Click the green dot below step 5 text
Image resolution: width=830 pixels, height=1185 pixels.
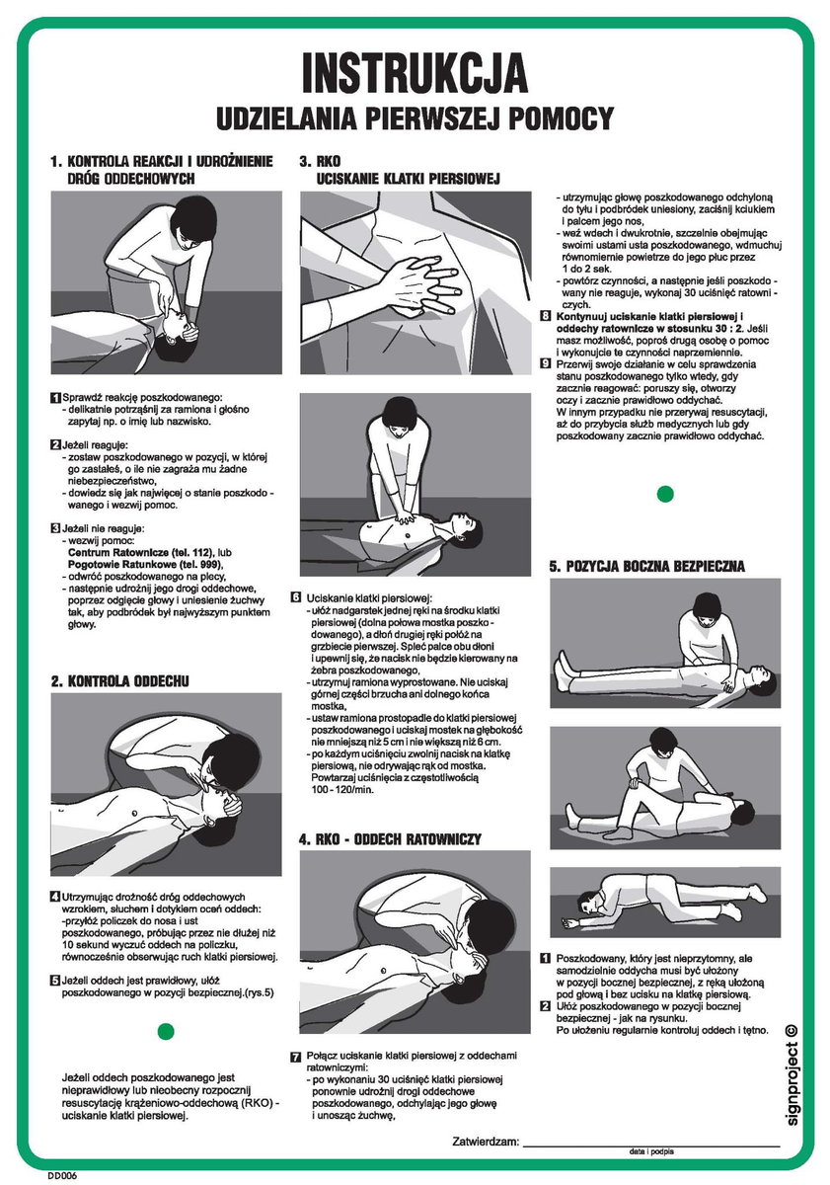point(166,1031)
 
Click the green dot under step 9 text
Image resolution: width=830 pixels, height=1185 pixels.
point(665,493)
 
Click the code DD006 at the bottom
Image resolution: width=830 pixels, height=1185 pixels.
point(61,1175)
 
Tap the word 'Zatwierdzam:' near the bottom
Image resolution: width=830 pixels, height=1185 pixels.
point(486,1142)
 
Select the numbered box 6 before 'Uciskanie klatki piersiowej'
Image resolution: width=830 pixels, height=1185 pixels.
point(296,598)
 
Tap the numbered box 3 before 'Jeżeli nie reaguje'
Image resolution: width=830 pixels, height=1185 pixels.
point(55,529)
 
